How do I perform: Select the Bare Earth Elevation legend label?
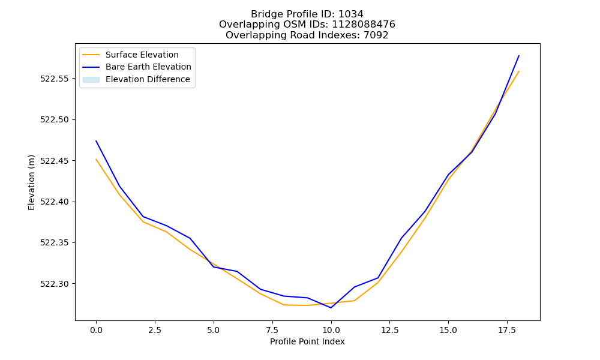click(x=148, y=67)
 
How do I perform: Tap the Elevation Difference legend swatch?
click(x=91, y=80)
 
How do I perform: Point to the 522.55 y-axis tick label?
click(x=55, y=79)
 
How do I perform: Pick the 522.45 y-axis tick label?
click(x=55, y=161)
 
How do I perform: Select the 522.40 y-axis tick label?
click(x=55, y=202)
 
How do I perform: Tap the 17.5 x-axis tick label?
click(x=507, y=330)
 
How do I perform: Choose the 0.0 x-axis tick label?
click(x=96, y=330)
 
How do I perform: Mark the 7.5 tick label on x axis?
click(x=272, y=330)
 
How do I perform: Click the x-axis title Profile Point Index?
click(x=307, y=341)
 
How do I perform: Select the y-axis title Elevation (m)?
click(x=31, y=182)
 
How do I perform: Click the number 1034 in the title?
click(x=351, y=14)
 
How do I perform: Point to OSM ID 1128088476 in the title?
click(x=364, y=25)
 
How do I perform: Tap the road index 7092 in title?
click(x=376, y=35)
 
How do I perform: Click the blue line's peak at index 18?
click(x=519, y=56)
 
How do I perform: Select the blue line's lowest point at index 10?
click(x=331, y=308)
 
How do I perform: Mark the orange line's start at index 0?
click(x=96, y=160)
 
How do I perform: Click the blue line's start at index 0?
click(x=96, y=141)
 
